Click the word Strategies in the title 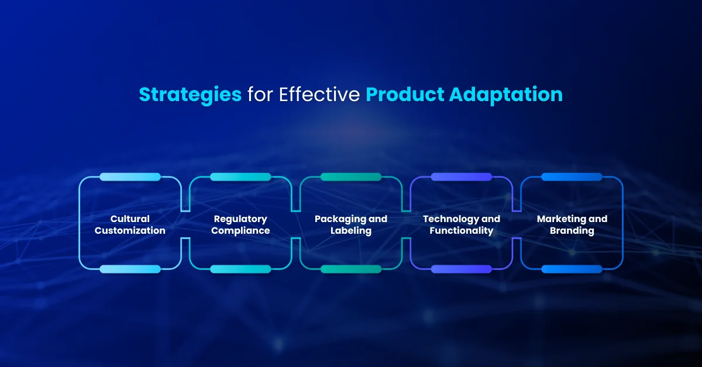[x=190, y=95]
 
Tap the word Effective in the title [x=319, y=95]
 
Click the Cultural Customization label [x=130, y=224]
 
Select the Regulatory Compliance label [x=240, y=224]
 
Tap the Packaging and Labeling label [x=351, y=224]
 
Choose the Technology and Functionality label [x=462, y=224]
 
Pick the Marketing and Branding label [x=572, y=224]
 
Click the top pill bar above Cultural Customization [x=130, y=177]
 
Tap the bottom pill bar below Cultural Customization [x=130, y=269]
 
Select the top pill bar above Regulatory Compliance [x=240, y=177]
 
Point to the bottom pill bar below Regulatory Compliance [x=240, y=269]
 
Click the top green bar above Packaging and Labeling [x=351, y=177]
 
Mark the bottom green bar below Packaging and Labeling [x=351, y=269]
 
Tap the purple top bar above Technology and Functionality [x=462, y=177]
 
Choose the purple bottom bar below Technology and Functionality [x=462, y=269]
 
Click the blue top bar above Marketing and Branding [x=572, y=177]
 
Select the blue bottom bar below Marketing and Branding [x=572, y=269]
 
